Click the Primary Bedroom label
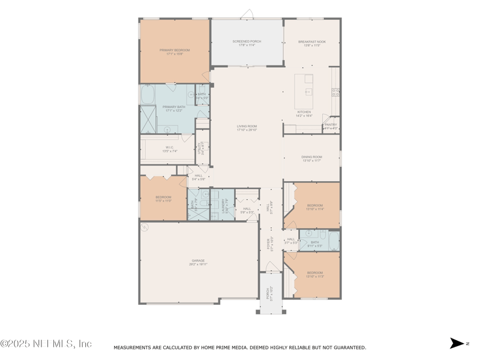point(175,50)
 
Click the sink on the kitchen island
point(308,91)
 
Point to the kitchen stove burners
point(335,92)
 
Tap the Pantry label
point(331,125)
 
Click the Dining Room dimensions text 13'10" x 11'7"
point(312,161)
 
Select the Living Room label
point(247,126)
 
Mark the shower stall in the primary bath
point(148,119)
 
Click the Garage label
point(198,260)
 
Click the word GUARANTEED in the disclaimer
point(347,347)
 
